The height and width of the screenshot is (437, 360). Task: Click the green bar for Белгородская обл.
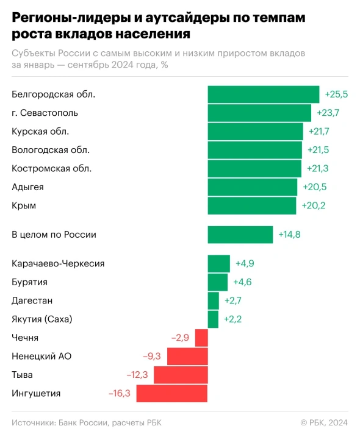(x=263, y=94)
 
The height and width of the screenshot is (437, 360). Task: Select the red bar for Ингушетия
(x=171, y=393)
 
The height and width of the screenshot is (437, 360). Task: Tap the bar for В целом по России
(x=240, y=235)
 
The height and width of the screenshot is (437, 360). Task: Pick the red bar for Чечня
(x=201, y=338)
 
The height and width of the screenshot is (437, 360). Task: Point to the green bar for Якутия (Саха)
(x=213, y=319)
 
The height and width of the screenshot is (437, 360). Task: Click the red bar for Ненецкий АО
(x=187, y=356)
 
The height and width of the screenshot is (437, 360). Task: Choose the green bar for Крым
(x=251, y=205)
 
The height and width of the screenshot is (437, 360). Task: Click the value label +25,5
(x=336, y=94)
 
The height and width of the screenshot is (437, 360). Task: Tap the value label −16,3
(x=120, y=393)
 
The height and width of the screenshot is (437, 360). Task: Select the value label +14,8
(x=290, y=235)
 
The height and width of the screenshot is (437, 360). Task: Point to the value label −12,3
(x=137, y=375)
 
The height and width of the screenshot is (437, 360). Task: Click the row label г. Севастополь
(x=45, y=113)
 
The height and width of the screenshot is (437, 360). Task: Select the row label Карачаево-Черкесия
(x=58, y=264)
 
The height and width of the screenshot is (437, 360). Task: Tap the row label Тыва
(x=23, y=375)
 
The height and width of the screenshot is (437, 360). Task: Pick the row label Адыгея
(x=27, y=187)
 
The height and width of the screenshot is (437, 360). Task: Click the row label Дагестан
(x=32, y=300)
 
